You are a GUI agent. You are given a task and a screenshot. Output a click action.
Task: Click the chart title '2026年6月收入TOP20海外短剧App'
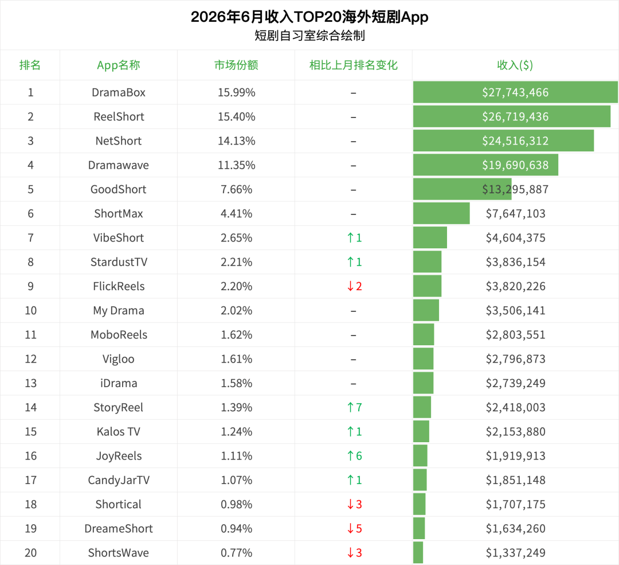tap(309, 17)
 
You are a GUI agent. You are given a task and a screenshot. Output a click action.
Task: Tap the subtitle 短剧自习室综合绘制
tap(309, 36)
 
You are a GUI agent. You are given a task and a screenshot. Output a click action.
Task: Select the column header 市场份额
tap(236, 65)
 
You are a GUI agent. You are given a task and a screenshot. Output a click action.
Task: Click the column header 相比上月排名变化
tap(353, 65)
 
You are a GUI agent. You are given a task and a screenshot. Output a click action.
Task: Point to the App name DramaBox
tap(119, 92)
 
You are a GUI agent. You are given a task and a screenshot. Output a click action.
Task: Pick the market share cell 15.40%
tap(237, 116)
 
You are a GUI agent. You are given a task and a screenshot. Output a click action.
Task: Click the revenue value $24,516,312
tap(515, 141)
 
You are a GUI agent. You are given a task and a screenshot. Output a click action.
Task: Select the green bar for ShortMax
tap(441, 213)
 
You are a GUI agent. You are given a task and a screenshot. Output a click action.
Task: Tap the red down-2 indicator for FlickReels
tap(354, 286)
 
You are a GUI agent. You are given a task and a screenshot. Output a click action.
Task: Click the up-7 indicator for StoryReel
tap(354, 407)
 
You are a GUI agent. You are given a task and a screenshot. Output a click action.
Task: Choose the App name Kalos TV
tap(119, 431)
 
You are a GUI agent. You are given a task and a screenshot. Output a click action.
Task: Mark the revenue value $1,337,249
tap(516, 553)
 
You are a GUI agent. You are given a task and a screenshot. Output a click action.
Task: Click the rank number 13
tap(31, 383)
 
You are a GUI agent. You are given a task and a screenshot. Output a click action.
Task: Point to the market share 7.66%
tap(237, 189)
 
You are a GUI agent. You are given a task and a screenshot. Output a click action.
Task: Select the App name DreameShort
tap(119, 529)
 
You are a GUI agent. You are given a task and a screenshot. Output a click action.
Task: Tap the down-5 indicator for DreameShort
tap(354, 529)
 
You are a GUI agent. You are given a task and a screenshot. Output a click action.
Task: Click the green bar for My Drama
tap(426, 310)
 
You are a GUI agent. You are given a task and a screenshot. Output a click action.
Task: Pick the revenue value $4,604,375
tap(516, 238)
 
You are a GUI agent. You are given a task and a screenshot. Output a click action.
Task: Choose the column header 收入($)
tap(515, 65)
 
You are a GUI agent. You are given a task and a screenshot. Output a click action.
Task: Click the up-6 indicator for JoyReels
tap(354, 456)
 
